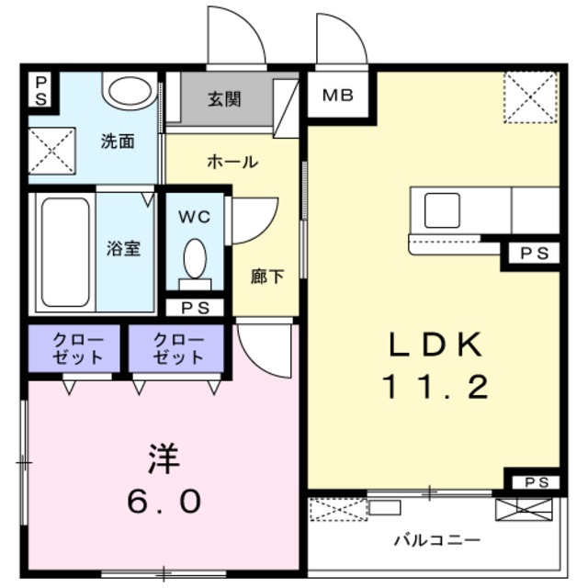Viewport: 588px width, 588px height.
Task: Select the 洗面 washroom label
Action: coord(118,141)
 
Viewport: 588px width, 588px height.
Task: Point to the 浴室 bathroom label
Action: coord(123,248)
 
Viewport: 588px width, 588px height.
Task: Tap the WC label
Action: coord(194,218)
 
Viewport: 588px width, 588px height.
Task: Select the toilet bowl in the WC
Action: coord(195,258)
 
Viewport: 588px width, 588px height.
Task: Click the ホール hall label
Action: coord(232,162)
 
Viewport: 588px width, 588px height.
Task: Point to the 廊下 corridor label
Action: coord(267,276)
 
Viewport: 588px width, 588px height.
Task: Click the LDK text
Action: coord(435,345)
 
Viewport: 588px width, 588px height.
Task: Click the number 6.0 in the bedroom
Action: coord(163,502)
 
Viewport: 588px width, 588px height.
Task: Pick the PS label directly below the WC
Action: coord(195,308)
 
